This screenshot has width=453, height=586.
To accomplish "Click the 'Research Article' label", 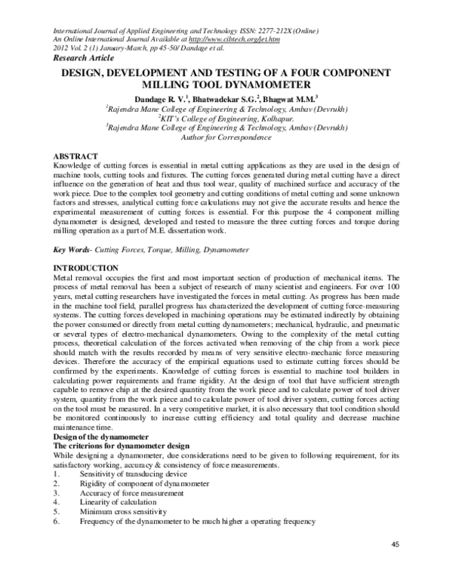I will click(x=83, y=57).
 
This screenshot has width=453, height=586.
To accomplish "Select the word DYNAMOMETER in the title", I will click(x=279, y=85).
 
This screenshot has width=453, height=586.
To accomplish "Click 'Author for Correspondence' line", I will click(x=226, y=138).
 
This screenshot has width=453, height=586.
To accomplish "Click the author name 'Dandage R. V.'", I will click(x=163, y=98).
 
